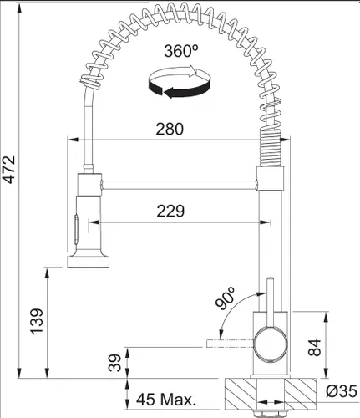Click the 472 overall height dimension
click(x=10, y=170)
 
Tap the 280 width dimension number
click(x=170, y=130)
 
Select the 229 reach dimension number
click(x=170, y=212)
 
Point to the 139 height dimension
click(x=37, y=321)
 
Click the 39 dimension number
click(x=114, y=363)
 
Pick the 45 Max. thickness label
click(x=166, y=400)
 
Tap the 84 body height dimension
click(x=315, y=347)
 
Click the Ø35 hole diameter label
click(x=342, y=391)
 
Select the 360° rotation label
click(x=181, y=51)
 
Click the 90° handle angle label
click(x=226, y=298)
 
